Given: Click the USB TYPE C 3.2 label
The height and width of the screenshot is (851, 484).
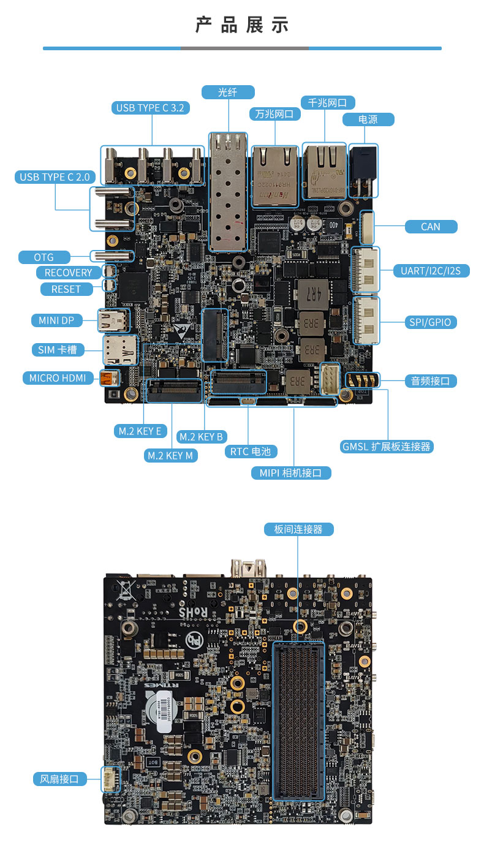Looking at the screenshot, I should tap(150, 108).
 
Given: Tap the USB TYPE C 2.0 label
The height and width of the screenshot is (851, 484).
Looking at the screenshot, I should tap(55, 177).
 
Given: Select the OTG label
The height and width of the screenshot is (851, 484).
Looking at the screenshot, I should tap(44, 257).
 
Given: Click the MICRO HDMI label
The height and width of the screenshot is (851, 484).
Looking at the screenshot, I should tap(58, 377).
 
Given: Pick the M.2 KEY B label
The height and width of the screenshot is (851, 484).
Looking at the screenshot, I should tap(201, 437).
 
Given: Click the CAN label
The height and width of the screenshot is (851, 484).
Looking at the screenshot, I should tap(431, 227).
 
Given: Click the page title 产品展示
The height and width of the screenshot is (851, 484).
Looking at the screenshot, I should tap(242, 26).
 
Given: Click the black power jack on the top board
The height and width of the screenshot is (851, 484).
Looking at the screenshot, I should tap(363, 170).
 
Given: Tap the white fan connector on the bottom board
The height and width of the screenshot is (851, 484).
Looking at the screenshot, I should tap(111, 779).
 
